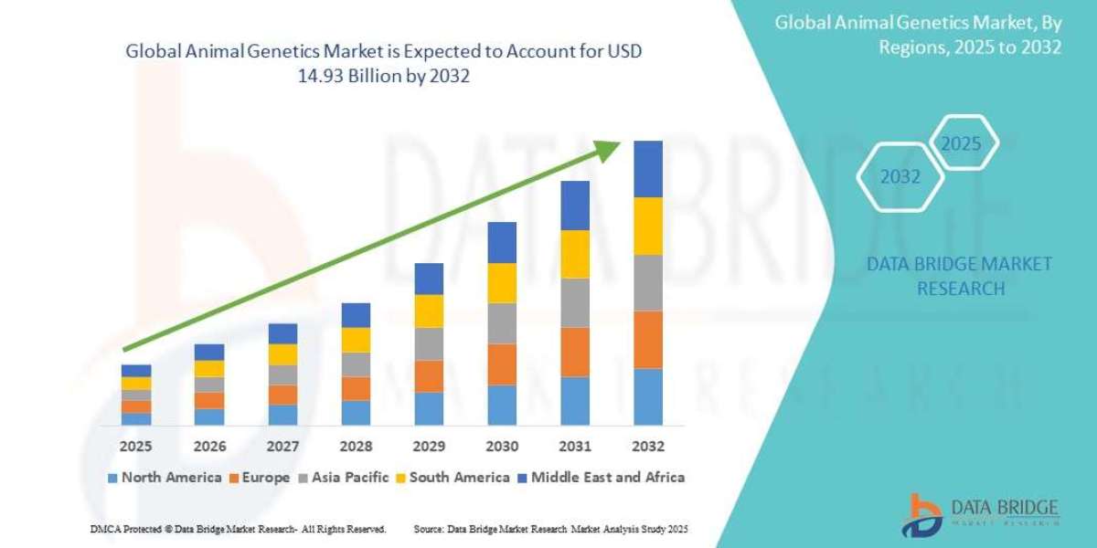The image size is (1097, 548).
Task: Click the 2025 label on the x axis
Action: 136,447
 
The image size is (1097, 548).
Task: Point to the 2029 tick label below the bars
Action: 429,447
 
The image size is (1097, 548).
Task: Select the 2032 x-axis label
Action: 648,447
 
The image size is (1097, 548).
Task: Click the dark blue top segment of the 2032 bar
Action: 648,169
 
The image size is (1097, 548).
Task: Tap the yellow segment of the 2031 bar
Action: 575,254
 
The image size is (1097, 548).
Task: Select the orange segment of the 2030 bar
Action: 502,364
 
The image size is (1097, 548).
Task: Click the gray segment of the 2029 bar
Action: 429,343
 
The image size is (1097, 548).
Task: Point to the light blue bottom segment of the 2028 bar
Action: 356,413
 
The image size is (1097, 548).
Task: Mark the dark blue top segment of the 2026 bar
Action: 209,352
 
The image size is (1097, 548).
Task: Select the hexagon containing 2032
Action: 900,177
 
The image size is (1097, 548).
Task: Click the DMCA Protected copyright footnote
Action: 238,530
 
